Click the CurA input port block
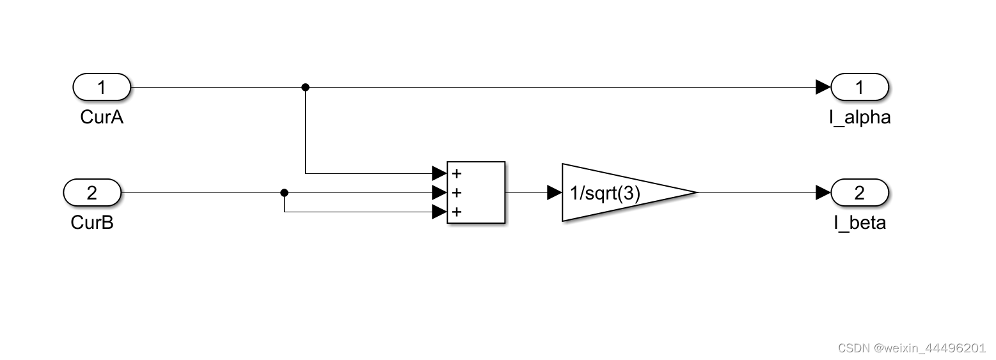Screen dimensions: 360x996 (x=102, y=87)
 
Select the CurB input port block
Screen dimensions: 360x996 (x=92, y=192)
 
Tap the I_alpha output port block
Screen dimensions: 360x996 (x=859, y=87)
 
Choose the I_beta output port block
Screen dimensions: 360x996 (x=859, y=192)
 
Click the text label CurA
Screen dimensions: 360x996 (x=102, y=118)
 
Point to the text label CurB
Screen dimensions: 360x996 (x=92, y=223)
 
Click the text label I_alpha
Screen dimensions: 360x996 (x=859, y=118)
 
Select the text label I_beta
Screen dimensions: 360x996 (x=859, y=223)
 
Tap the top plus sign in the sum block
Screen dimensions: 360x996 (x=457, y=173)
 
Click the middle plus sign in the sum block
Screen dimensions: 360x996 (x=457, y=192)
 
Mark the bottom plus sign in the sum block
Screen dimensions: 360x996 (x=457, y=212)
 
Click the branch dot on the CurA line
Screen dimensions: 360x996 (x=305, y=87)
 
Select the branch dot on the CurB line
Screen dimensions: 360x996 (x=285, y=192)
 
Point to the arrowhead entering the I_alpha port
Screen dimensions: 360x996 (x=823, y=87)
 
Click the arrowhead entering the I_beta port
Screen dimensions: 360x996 (x=823, y=192)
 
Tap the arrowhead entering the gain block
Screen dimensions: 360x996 (x=555, y=192)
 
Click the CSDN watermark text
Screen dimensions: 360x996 (x=911, y=348)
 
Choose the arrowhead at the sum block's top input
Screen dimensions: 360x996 (x=439, y=173)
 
